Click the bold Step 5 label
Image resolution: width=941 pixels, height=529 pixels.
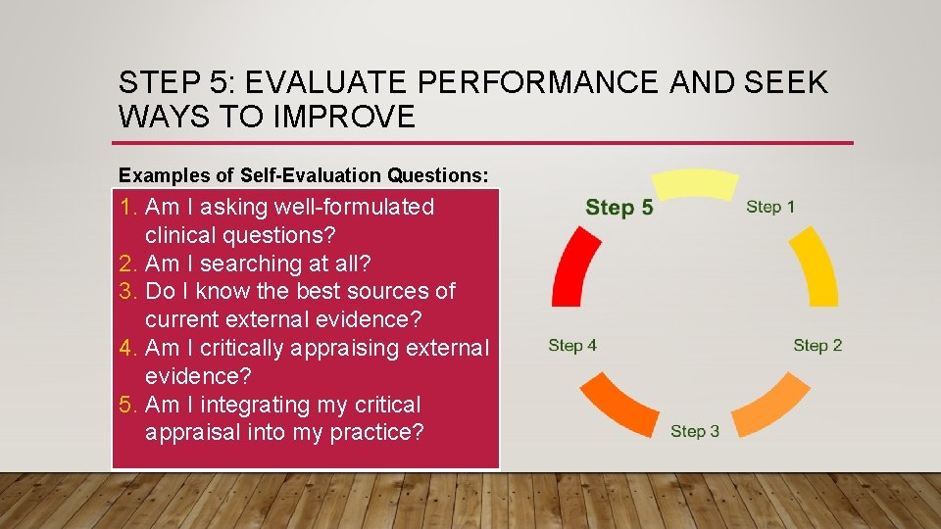tap(619, 208)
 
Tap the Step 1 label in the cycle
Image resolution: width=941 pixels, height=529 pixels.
tap(770, 207)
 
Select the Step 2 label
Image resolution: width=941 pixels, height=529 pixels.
tap(817, 345)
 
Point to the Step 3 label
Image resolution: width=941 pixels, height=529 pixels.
tap(695, 431)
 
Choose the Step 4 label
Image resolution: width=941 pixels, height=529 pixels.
tap(572, 345)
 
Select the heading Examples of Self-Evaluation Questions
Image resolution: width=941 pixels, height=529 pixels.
tap(303, 175)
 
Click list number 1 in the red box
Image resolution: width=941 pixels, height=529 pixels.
tap(128, 207)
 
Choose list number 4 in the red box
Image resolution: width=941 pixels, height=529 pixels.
tap(128, 348)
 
